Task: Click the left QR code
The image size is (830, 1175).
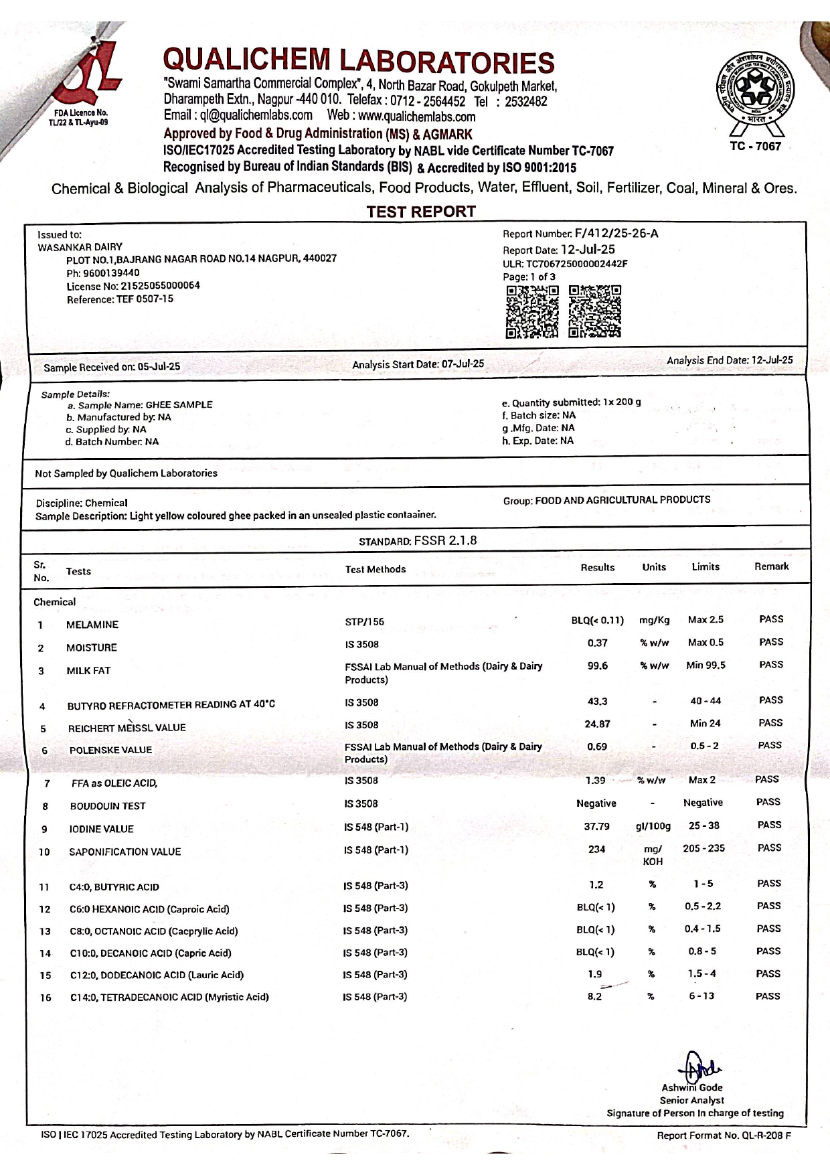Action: [x=532, y=311]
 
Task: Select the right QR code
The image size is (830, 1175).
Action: [x=594, y=311]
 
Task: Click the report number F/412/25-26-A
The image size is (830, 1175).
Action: [x=616, y=233]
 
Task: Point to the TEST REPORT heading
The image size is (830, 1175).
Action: [x=421, y=212]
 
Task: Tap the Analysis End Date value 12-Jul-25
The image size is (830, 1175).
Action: [x=772, y=360]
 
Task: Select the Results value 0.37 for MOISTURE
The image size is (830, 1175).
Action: [x=597, y=643]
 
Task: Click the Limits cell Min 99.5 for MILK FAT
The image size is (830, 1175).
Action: [x=705, y=665]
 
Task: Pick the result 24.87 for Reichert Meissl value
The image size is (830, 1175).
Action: [x=597, y=724]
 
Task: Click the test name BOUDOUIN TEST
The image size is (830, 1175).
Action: [x=108, y=806]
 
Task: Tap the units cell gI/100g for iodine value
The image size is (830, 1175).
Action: [x=653, y=826]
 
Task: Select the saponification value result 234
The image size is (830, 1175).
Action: [x=596, y=849]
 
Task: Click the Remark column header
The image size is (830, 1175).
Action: [x=771, y=566]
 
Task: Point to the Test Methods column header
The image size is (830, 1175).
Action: [x=376, y=569]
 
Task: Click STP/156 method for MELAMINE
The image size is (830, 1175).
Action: [x=365, y=622]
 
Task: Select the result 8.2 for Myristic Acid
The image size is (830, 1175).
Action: [x=594, y=996]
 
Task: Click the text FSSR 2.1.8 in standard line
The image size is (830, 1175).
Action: [x=445, y=540]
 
